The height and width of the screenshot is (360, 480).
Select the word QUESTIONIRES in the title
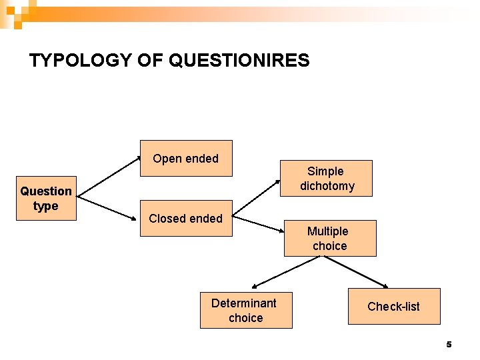pyautogui.click(x=239, y=61)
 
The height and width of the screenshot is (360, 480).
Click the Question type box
pyautogui.click(x=46, y=199)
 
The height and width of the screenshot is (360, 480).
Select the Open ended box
pyautogui.click(x=186, y=158)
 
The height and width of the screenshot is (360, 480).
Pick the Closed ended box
pyautogui.click(x=186, y=218)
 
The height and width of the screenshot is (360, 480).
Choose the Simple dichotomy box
pyautogui.click(x=327, y=179)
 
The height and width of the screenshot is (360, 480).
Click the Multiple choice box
pyautogui.click(x=330, y=238)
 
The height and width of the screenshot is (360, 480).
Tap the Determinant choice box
pyautogui.click(x=245, y=310)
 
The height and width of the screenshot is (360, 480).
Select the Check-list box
pyautogui.click(x=394, y=307)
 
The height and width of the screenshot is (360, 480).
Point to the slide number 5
pyautogui.click(x=449, y=345)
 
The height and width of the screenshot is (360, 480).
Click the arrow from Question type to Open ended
pyautogui.click(x=109, y=178)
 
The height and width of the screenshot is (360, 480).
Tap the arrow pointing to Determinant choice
pyautogui.click(x=285, y=272)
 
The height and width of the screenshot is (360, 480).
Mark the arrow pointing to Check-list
pyautogui.click(x=359, y=272)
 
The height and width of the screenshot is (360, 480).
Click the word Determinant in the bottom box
pyautogui.click(x=244, y=303)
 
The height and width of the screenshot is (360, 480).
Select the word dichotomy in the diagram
pyautogui.click(x=327, y=186)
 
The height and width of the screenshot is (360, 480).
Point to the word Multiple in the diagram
pyautogui.click(x=327, y=231)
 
